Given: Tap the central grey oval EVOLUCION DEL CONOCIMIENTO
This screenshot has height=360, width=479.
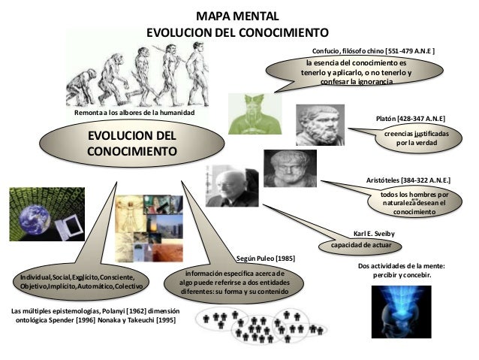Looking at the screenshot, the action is [131, 145].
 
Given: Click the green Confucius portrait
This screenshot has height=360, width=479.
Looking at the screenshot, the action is [254, 113].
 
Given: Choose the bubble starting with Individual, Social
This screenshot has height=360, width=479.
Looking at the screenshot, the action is [83, 283].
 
